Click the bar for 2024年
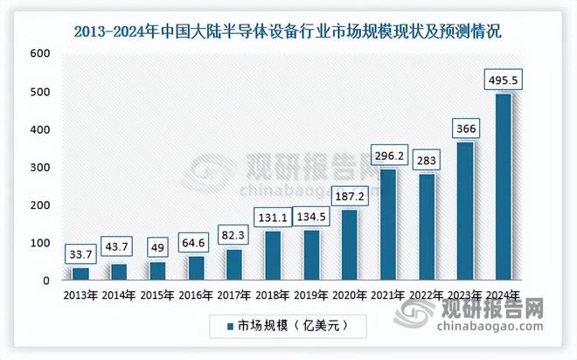pos(504,187)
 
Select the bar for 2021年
pos(388,225)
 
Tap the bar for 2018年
pos(273,256)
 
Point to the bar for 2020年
pos(350,246)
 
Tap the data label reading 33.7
pos(81,256)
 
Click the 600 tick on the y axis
pos(39,54)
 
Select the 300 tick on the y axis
pos(39,168)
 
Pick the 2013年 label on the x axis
pos(81,295)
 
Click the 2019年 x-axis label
pos(311,295)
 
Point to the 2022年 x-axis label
pos(427,295)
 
